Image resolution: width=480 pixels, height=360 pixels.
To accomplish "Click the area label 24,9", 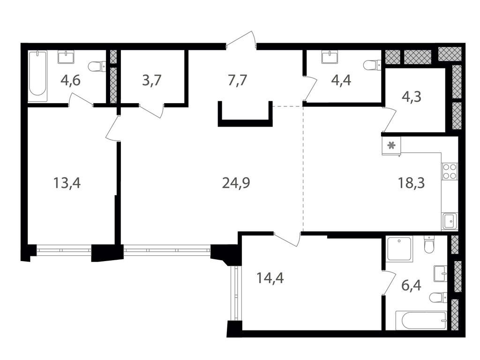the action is tap(236, 183).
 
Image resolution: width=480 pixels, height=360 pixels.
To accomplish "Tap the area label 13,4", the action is tap(67, 183).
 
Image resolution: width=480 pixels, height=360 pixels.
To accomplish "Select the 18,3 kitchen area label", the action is tap(411, 183).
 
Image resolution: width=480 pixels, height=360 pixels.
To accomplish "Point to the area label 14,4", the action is tap(270, 278).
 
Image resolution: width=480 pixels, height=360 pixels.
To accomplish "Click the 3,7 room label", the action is tap(152, 81).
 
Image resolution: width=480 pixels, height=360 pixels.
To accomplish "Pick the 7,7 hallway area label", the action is tap(237, 81).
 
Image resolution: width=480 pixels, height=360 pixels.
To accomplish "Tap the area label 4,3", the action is tap(412, 97).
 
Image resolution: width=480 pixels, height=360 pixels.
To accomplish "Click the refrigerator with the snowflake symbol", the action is tap(391, 145).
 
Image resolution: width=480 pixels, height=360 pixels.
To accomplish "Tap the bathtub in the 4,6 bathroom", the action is tap(37, 76).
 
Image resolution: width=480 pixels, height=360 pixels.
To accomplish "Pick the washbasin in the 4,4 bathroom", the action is tap(330, 57).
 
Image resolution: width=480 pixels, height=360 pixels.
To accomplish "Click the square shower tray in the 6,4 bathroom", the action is tap(399, 248).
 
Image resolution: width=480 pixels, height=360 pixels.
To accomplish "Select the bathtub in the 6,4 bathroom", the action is tap(420, 320).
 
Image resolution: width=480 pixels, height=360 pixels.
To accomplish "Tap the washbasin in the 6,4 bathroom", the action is tap(440, 274).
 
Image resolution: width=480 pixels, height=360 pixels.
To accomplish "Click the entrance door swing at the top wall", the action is tap(242, 40).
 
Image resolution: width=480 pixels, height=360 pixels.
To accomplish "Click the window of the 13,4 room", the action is tap(64, 250).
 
